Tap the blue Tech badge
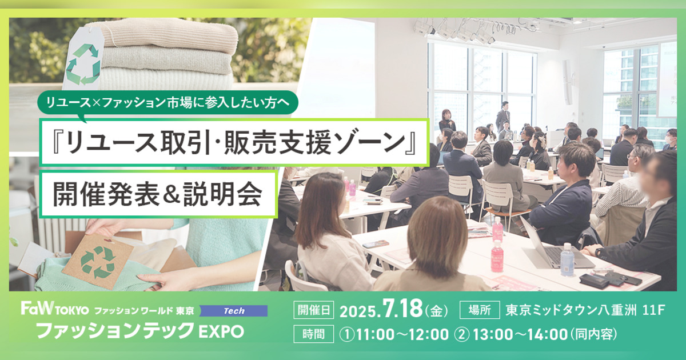coord(234,311)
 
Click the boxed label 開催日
coord(314,310)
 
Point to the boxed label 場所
coord(480,310)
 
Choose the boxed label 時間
coord(314,334)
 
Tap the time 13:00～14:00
coord(520,334)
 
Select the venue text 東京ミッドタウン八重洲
coord(571,310)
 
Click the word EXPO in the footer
coord(221,331)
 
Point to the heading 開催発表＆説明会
coord(158,194)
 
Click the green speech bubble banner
coord(168,103)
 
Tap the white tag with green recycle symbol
coord(83,58)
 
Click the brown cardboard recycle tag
coord(97,262)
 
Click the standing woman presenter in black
coord(447,121)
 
